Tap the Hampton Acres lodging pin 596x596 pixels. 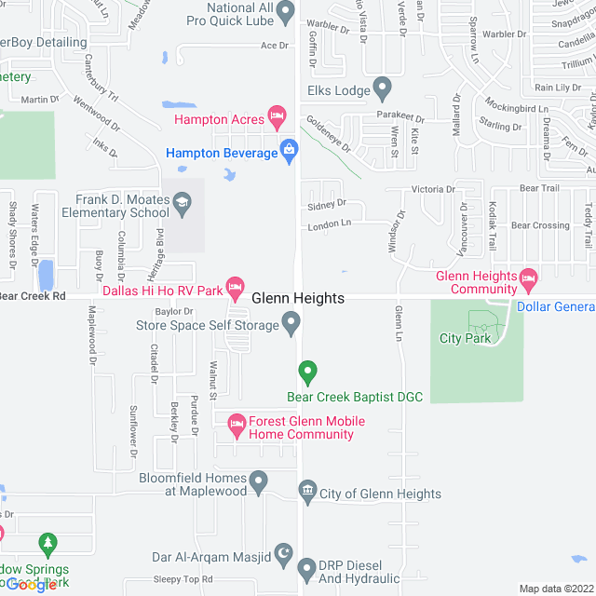[277, 116]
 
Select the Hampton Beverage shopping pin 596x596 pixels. [290, 150]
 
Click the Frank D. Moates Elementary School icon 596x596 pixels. [182, 201]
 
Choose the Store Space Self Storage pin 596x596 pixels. [291, 324]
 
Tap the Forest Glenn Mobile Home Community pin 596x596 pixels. [237, 424]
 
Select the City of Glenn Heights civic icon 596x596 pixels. [307, 491]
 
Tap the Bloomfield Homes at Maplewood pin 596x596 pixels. [259, 481]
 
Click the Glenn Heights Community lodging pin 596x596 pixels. [528, 278]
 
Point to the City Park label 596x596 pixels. [465, 338]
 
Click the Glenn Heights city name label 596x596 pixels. [298, 298]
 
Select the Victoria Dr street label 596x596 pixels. [433, 189]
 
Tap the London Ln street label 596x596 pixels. [332, 223]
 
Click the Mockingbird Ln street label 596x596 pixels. [522, 109]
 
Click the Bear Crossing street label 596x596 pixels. [540, 225]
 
